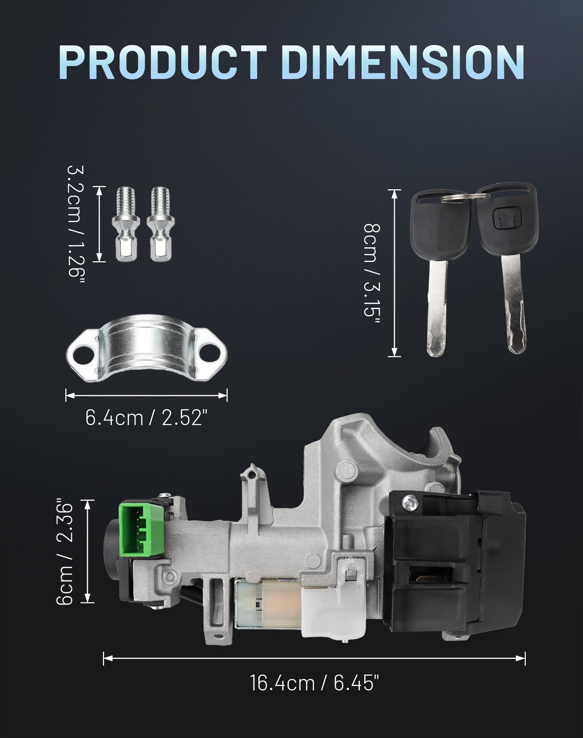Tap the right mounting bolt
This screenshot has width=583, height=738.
click(x=161, y=225)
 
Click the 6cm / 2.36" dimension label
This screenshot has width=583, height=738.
click(x=64, y=552)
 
